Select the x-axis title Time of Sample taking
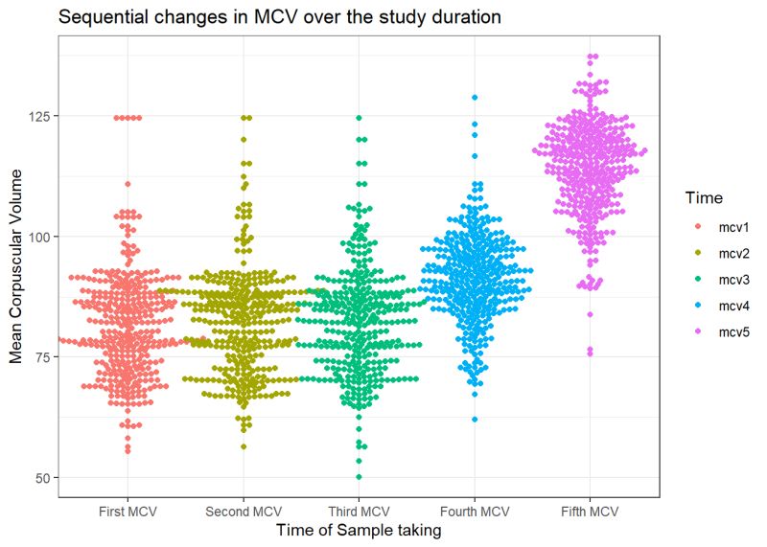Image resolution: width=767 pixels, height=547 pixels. [x=359, y=530]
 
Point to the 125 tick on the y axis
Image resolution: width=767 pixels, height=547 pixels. [x=39, y=116]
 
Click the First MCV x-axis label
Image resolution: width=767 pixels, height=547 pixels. [x=128, y=512]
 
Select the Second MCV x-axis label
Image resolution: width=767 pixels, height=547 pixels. [x=244, y=512]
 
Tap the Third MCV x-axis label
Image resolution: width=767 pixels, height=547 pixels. [x=360, y=512]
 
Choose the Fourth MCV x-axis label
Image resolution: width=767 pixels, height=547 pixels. [x=475, y=512]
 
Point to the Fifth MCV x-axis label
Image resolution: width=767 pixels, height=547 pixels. [x=591, y=512]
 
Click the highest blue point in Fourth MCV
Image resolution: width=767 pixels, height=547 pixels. [x=475, y=98]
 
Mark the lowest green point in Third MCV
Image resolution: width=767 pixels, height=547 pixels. [x=360, y=476]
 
